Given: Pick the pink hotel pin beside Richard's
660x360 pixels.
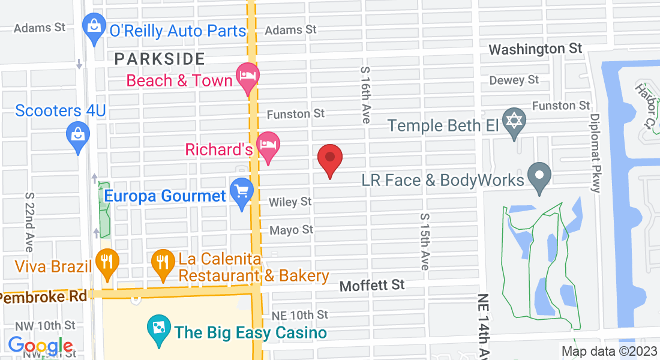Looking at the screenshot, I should pos(268,145).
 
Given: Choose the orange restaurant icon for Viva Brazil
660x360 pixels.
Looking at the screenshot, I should pos(107,262).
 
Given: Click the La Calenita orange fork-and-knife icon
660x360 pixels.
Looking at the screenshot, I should pos(162,262).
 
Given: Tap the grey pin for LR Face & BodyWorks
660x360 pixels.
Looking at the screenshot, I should pos(539,176).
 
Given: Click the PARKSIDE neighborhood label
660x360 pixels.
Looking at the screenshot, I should pos(160,59).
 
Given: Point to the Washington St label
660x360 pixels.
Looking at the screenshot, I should pos(536,49).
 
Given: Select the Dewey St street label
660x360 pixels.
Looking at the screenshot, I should pos(514,80).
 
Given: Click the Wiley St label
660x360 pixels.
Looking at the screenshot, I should pos(290,202).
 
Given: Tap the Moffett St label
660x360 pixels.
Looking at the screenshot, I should pos(372,285).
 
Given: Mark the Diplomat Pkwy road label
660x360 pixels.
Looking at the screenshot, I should pos(595,153).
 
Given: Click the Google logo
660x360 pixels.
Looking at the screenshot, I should pos(40,346).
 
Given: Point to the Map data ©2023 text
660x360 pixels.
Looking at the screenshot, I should pos(608,352).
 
